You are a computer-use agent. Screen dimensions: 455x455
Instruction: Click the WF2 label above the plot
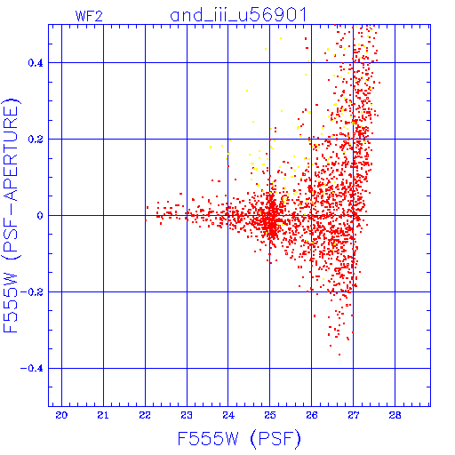tap(89, 16)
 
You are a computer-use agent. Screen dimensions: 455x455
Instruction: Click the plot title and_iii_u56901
tap(238, 15)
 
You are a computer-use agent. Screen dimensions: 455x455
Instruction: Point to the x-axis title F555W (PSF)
tap(239, 438)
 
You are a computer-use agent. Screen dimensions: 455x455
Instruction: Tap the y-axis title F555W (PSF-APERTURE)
tap(11, 215)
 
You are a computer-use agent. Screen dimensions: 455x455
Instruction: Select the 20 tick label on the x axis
tap(61, 415)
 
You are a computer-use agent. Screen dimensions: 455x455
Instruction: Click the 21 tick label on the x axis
tap(103, 415)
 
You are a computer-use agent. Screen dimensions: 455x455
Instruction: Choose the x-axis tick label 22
tap(145, 415)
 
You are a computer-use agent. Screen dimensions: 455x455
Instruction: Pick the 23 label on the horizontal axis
tap(187, 415)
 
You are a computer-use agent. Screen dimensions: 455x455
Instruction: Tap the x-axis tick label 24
tap(228, 415)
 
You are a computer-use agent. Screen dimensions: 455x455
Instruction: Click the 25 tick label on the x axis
tap(270, 415)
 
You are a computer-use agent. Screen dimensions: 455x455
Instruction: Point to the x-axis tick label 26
tap(312, 415)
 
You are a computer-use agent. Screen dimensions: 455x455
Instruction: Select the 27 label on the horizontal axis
tap(353, 415)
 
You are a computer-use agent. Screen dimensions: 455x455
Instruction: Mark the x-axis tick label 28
tap(395, 415)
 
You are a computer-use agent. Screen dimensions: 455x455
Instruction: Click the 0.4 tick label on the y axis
tap(36, 63)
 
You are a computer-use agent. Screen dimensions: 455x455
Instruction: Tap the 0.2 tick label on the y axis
tap(36, 140)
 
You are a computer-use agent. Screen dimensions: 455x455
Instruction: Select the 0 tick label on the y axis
tap(40, 216)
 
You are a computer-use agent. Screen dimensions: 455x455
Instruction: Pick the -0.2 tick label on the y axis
tap(32, 292)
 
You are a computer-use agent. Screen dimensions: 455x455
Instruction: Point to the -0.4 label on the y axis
tap(32, 369)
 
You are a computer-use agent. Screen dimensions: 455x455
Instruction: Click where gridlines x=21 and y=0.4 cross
tap(103, 62)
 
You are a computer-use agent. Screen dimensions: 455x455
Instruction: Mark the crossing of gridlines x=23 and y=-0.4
tap(187, 368)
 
